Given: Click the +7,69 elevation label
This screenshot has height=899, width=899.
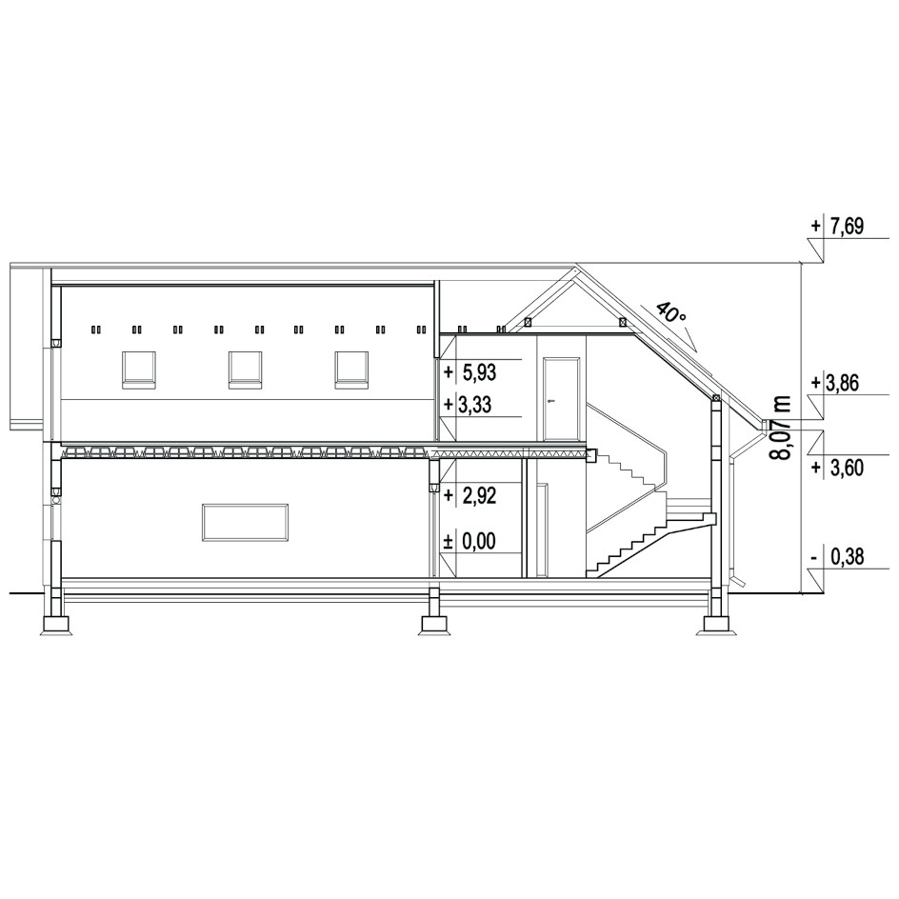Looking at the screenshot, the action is tap(837, 227).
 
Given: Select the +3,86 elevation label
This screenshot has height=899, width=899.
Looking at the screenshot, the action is tap(836, 383).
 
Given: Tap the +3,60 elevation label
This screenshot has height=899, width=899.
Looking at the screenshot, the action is tap(837, 468).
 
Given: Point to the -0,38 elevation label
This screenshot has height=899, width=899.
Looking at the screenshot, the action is tap(837, 556).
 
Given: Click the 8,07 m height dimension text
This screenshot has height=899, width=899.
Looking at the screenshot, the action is tap(780, 428).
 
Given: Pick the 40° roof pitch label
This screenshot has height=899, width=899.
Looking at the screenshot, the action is tap(669, 313).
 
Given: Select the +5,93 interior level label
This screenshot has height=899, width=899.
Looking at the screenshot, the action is tap(470, 372).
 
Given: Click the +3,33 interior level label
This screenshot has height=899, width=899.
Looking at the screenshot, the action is tap(468, 405).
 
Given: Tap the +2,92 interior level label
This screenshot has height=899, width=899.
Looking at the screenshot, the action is tap(470, 495).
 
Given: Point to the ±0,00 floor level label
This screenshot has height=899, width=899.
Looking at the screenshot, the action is tap(469, 541).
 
